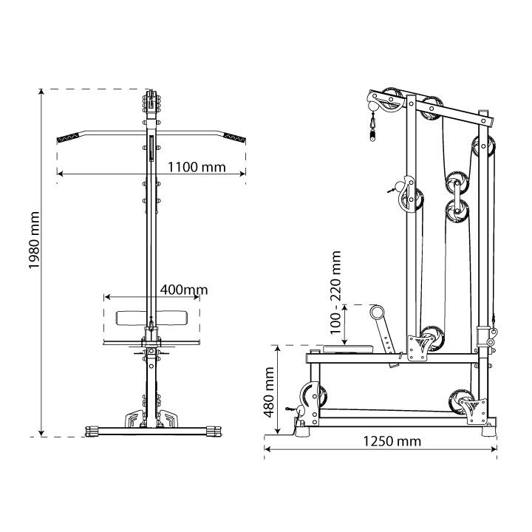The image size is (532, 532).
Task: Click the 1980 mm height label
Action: tap(34, 240)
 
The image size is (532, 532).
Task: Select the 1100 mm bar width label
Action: tap(197, 167)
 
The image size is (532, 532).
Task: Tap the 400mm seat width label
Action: tap(184, 290)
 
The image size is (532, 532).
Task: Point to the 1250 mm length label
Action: tap(392, 441)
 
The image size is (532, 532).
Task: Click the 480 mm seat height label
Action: tap(269, 392)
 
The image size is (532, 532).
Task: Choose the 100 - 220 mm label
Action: tap(335, 293)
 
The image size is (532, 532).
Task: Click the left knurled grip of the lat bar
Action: tap(68, 137)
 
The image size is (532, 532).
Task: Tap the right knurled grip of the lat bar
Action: tap(234, 137)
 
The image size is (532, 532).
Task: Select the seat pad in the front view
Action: tap(151, 318)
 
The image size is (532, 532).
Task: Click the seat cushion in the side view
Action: tap(348, 349)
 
